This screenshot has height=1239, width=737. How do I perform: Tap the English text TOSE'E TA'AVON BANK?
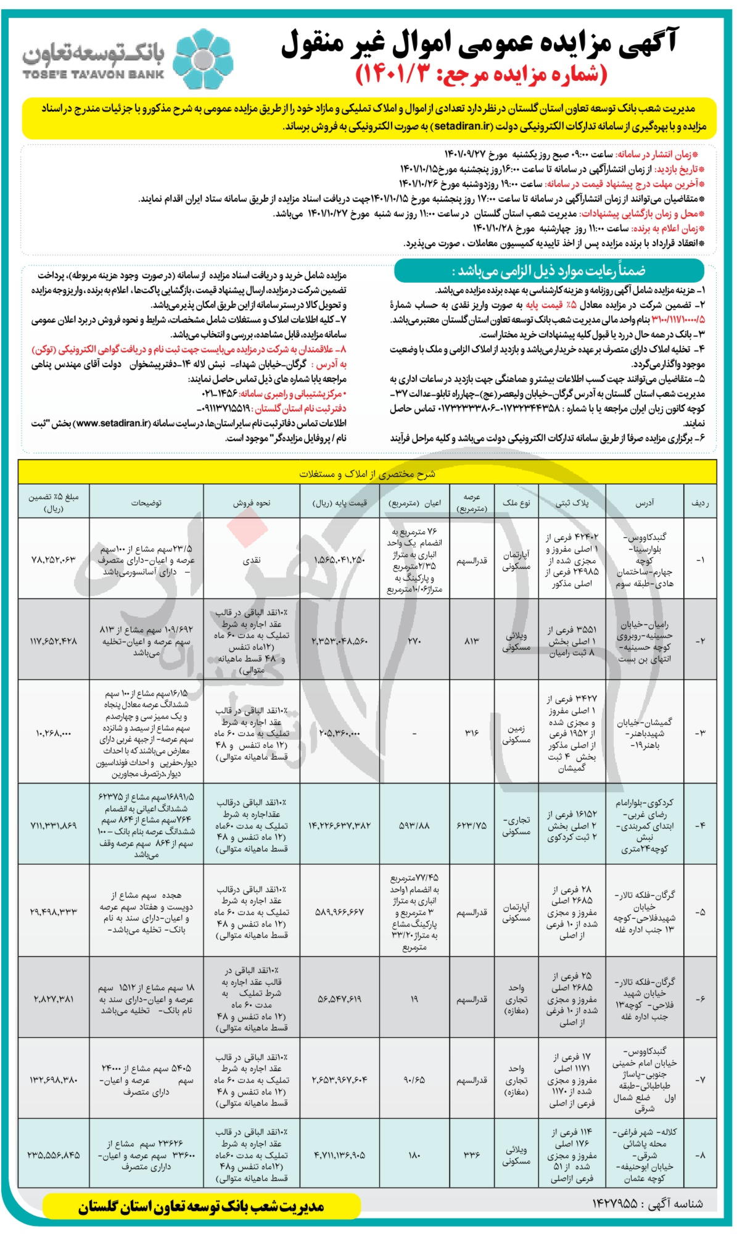pyautogui.click(x=93, y=75)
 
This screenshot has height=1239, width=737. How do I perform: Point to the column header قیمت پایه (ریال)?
pyautogui.click(x=340, y=503)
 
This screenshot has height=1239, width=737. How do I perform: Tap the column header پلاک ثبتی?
pyautogui.click(x=572, y=503)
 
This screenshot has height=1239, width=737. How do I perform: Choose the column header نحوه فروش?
pyautogui.click(x=251, y=503)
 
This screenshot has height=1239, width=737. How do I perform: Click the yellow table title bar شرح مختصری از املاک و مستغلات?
pyautogui.click(x=368, y=473)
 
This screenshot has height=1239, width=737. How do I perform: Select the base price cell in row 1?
pyautogui.click(x=340, y=560)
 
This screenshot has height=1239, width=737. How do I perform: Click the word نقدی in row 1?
pyautogui.click(x=252, y=560)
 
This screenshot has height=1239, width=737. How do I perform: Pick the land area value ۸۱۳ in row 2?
pyautogui.click(x=472, y=641)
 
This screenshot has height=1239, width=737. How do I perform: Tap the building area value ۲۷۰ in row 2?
pyautogui.click(x=414, y=641)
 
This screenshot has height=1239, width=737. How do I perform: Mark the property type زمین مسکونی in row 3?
pyautogui.click(x=516, y=734)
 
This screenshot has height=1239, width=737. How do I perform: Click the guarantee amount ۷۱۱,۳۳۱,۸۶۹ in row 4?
pyautogui.click(x=54, y=826)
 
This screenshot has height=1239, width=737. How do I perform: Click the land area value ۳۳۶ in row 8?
pyautogui.click(x=472, y=1154)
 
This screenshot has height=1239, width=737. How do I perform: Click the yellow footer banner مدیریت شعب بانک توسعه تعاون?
pyautogui.click(x=201, y=1207)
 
